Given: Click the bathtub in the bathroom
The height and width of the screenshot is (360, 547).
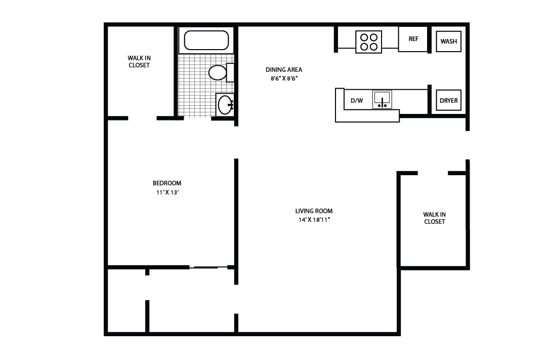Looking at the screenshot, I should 206,40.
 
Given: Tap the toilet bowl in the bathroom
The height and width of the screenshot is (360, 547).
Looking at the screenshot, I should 217,72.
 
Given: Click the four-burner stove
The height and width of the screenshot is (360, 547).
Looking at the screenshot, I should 368,42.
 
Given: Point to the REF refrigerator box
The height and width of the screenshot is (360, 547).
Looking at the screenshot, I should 413,39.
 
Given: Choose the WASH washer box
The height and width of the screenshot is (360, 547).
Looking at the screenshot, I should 448,42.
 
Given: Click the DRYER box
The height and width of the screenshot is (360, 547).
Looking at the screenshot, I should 448,100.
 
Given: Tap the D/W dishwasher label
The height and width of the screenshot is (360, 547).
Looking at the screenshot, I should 357,100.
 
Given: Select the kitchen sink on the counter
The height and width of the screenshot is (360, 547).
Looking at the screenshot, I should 382,99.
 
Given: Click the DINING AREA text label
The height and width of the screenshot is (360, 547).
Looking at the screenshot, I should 283,70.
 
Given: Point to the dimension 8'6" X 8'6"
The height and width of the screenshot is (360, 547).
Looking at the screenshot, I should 283,78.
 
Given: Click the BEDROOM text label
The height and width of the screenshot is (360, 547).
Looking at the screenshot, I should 167,183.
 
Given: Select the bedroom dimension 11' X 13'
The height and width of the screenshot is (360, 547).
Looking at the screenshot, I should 167,192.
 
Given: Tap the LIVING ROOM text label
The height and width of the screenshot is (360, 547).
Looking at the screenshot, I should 314,211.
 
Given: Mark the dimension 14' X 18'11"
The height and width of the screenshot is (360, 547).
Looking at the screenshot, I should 314,220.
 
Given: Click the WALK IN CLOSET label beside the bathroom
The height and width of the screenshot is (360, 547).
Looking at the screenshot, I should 139,62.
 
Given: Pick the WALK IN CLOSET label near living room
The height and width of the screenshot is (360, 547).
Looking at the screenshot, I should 434,218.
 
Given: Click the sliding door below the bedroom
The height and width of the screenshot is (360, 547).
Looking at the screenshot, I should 208,267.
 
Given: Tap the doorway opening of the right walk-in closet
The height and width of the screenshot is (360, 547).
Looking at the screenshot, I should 433,173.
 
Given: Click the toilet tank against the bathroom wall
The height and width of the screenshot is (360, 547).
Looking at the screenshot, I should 230,72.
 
